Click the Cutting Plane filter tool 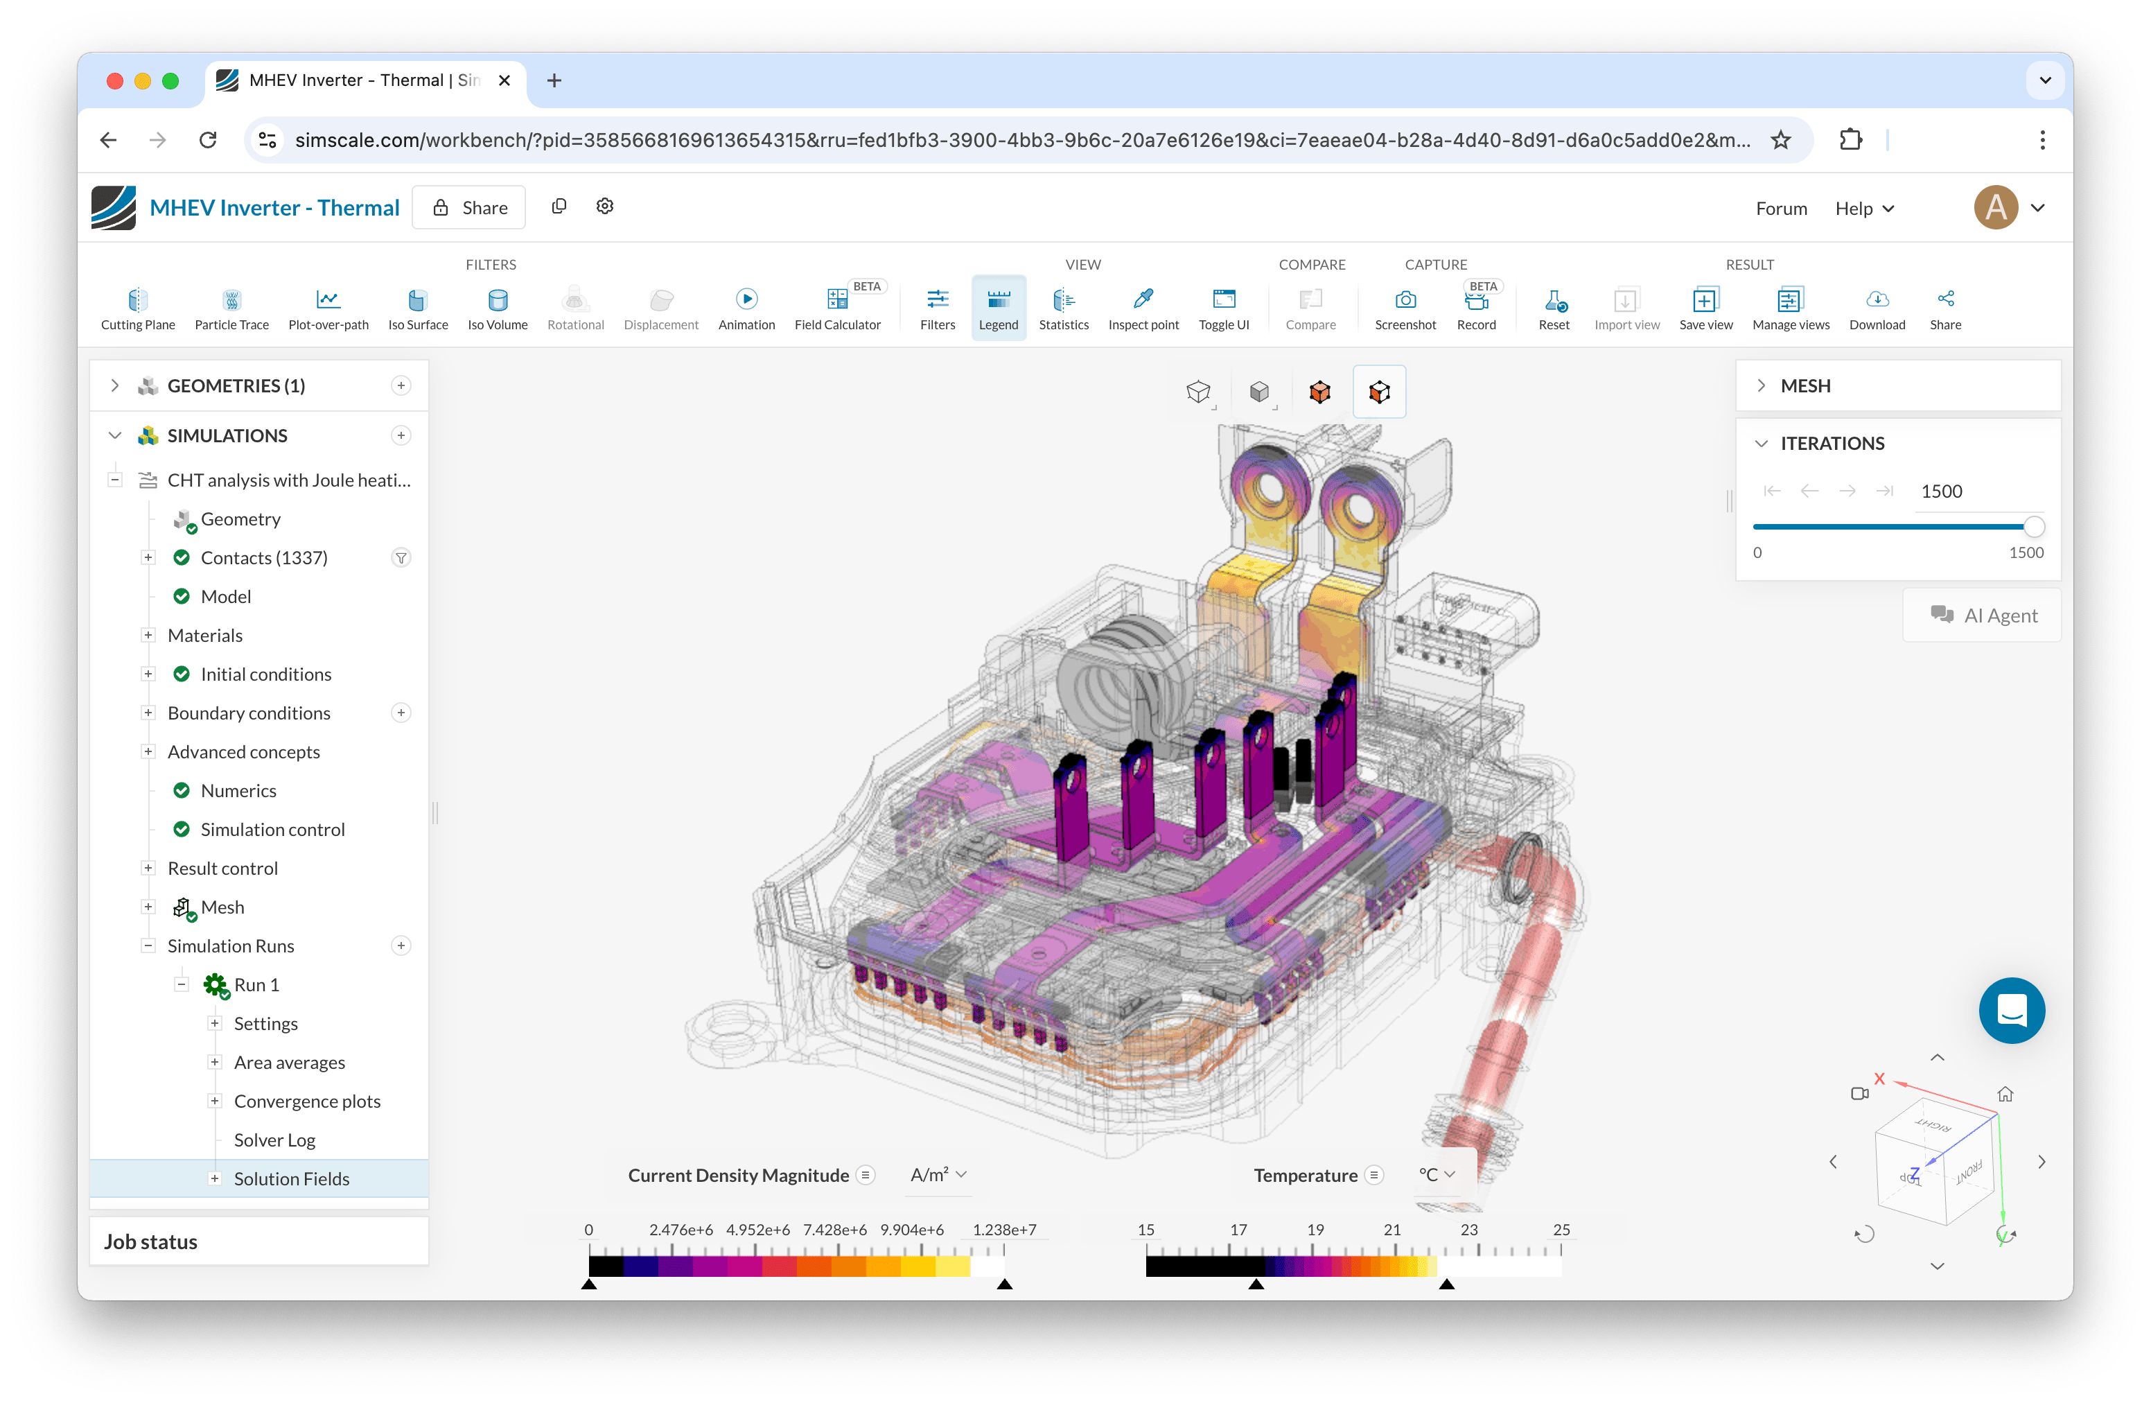(137, 309)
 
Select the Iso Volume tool (497, 309)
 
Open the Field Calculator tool (837, 309)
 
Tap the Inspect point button (1143, 309)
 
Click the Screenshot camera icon (1405, 299)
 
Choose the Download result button (1877, 309)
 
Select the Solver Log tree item (274, 1140)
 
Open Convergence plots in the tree (307, 1101)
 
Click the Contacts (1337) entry (264, 558)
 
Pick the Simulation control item (273, 830)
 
